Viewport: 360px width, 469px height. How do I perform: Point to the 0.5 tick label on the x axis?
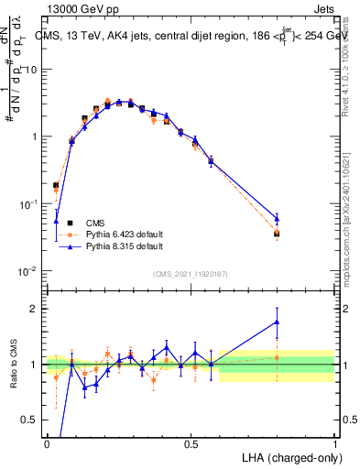click(191, 443)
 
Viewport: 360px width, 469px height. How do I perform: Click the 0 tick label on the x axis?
click(47, 443)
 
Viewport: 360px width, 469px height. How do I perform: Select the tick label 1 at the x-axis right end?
click(334, 443)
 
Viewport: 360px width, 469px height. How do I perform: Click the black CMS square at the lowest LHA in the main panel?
click(56, 185)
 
